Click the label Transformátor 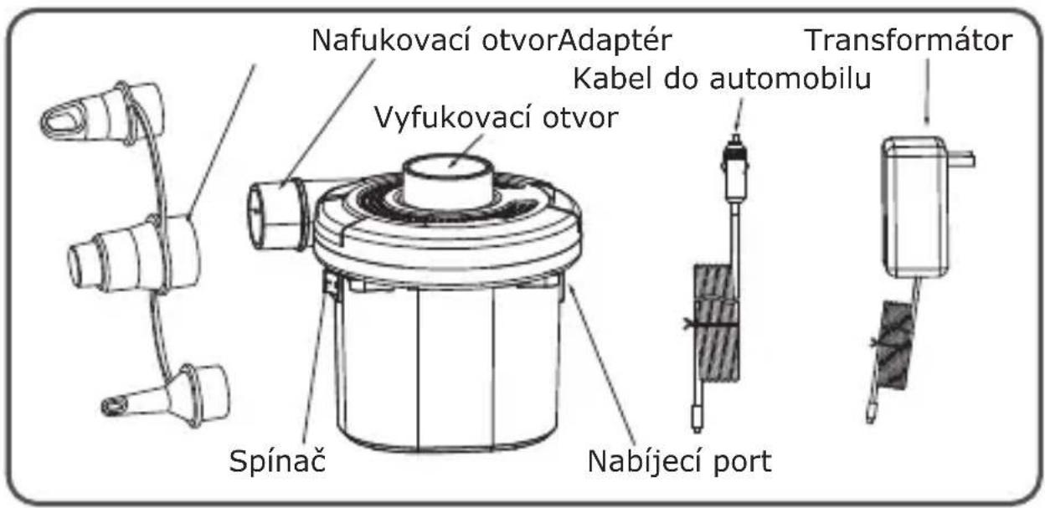tap(909, 40)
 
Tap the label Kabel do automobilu tap(722, 79)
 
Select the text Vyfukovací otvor tap(497, 117)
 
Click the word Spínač tap(277, 461)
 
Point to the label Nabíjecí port tap(679, 461)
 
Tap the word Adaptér tap(615, 41)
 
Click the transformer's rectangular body tap(914, 207)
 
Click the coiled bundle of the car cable tap(716, 323)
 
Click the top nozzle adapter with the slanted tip tap(103, 113)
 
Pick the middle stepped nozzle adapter tap(134, 254)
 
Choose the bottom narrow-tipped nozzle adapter tap(166, 397)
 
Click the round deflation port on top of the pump tap(448, 182)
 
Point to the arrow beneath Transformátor tap(926, 92)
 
